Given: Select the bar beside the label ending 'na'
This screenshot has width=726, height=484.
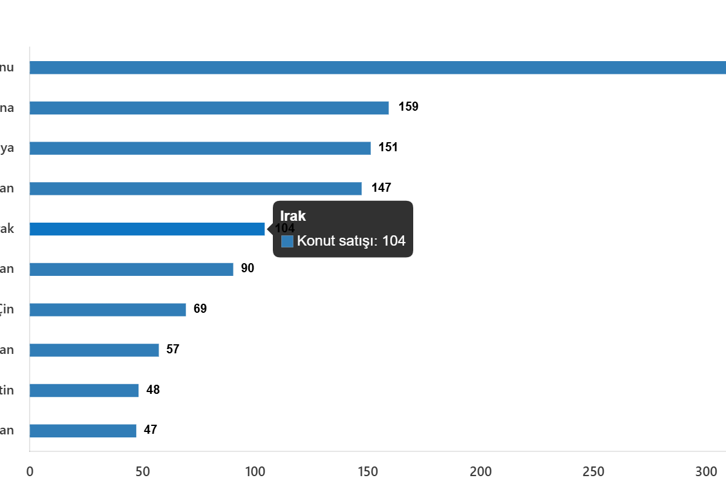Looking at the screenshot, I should click(x=209, y=108).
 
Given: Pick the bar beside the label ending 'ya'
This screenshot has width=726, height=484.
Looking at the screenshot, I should click(x=200, y=148).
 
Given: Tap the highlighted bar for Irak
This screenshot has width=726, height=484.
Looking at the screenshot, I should click(x=147, y=229).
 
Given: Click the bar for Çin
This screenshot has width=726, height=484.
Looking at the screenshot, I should click(x=108, y=310).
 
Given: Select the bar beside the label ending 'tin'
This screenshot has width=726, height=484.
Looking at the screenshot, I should click(x=84, y=390).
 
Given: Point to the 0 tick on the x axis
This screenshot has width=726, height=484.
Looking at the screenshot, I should click(x=30, y=471).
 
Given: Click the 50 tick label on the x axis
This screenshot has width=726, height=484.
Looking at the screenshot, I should click(x=143, y=471).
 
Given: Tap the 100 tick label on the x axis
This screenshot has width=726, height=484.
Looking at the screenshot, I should click(x=255, y=471).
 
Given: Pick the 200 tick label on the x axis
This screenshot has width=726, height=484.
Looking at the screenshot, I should click(x=481, y=471).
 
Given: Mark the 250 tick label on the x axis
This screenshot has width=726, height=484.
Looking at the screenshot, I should click(x=594, y=471).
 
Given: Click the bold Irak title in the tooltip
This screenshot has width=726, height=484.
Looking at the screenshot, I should click(x=293, y=216).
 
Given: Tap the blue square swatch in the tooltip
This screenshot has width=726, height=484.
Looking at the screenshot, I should click(x=287, y=241).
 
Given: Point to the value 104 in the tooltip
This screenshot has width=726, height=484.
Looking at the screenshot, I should click(x=394, y=241).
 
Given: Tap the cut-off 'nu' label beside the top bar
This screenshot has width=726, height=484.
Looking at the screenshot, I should click(x=7, y=68).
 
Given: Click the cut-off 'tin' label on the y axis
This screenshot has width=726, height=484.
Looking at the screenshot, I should click(x=7, y=390).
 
